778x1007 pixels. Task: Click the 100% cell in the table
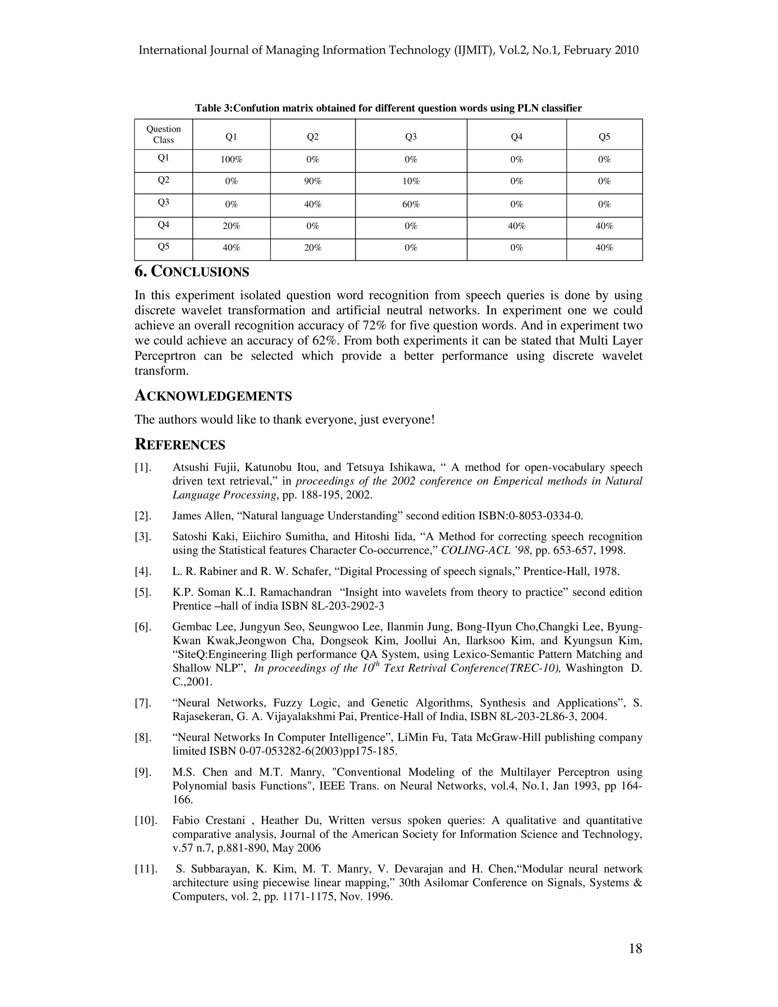point(231,160)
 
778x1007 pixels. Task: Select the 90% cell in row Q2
point(313,181)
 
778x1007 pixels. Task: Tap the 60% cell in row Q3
point(411,204)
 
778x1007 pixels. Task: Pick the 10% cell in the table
point(411,181)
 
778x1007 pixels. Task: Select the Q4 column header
point(516,136)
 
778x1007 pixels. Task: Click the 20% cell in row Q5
point(313,248)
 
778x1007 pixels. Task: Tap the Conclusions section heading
point(192,272)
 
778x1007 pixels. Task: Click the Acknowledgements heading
point(213,396)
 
